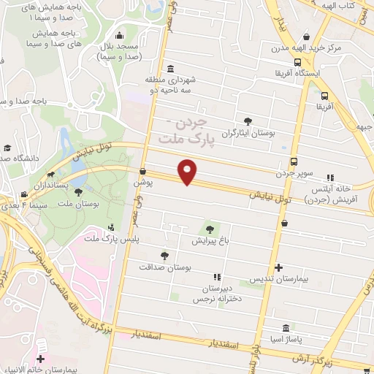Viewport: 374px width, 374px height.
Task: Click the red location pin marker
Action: [x=188, y=172]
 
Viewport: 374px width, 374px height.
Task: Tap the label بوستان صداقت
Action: [x=168, y=269]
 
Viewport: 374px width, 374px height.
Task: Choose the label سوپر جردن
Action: [x=294, y=174]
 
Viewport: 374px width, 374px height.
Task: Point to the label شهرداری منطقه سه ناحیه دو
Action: [x=171, y=85]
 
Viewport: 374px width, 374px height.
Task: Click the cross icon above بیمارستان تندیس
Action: [x=279, y=268]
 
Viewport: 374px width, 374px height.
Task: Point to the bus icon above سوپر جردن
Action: [x=294, y=161]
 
